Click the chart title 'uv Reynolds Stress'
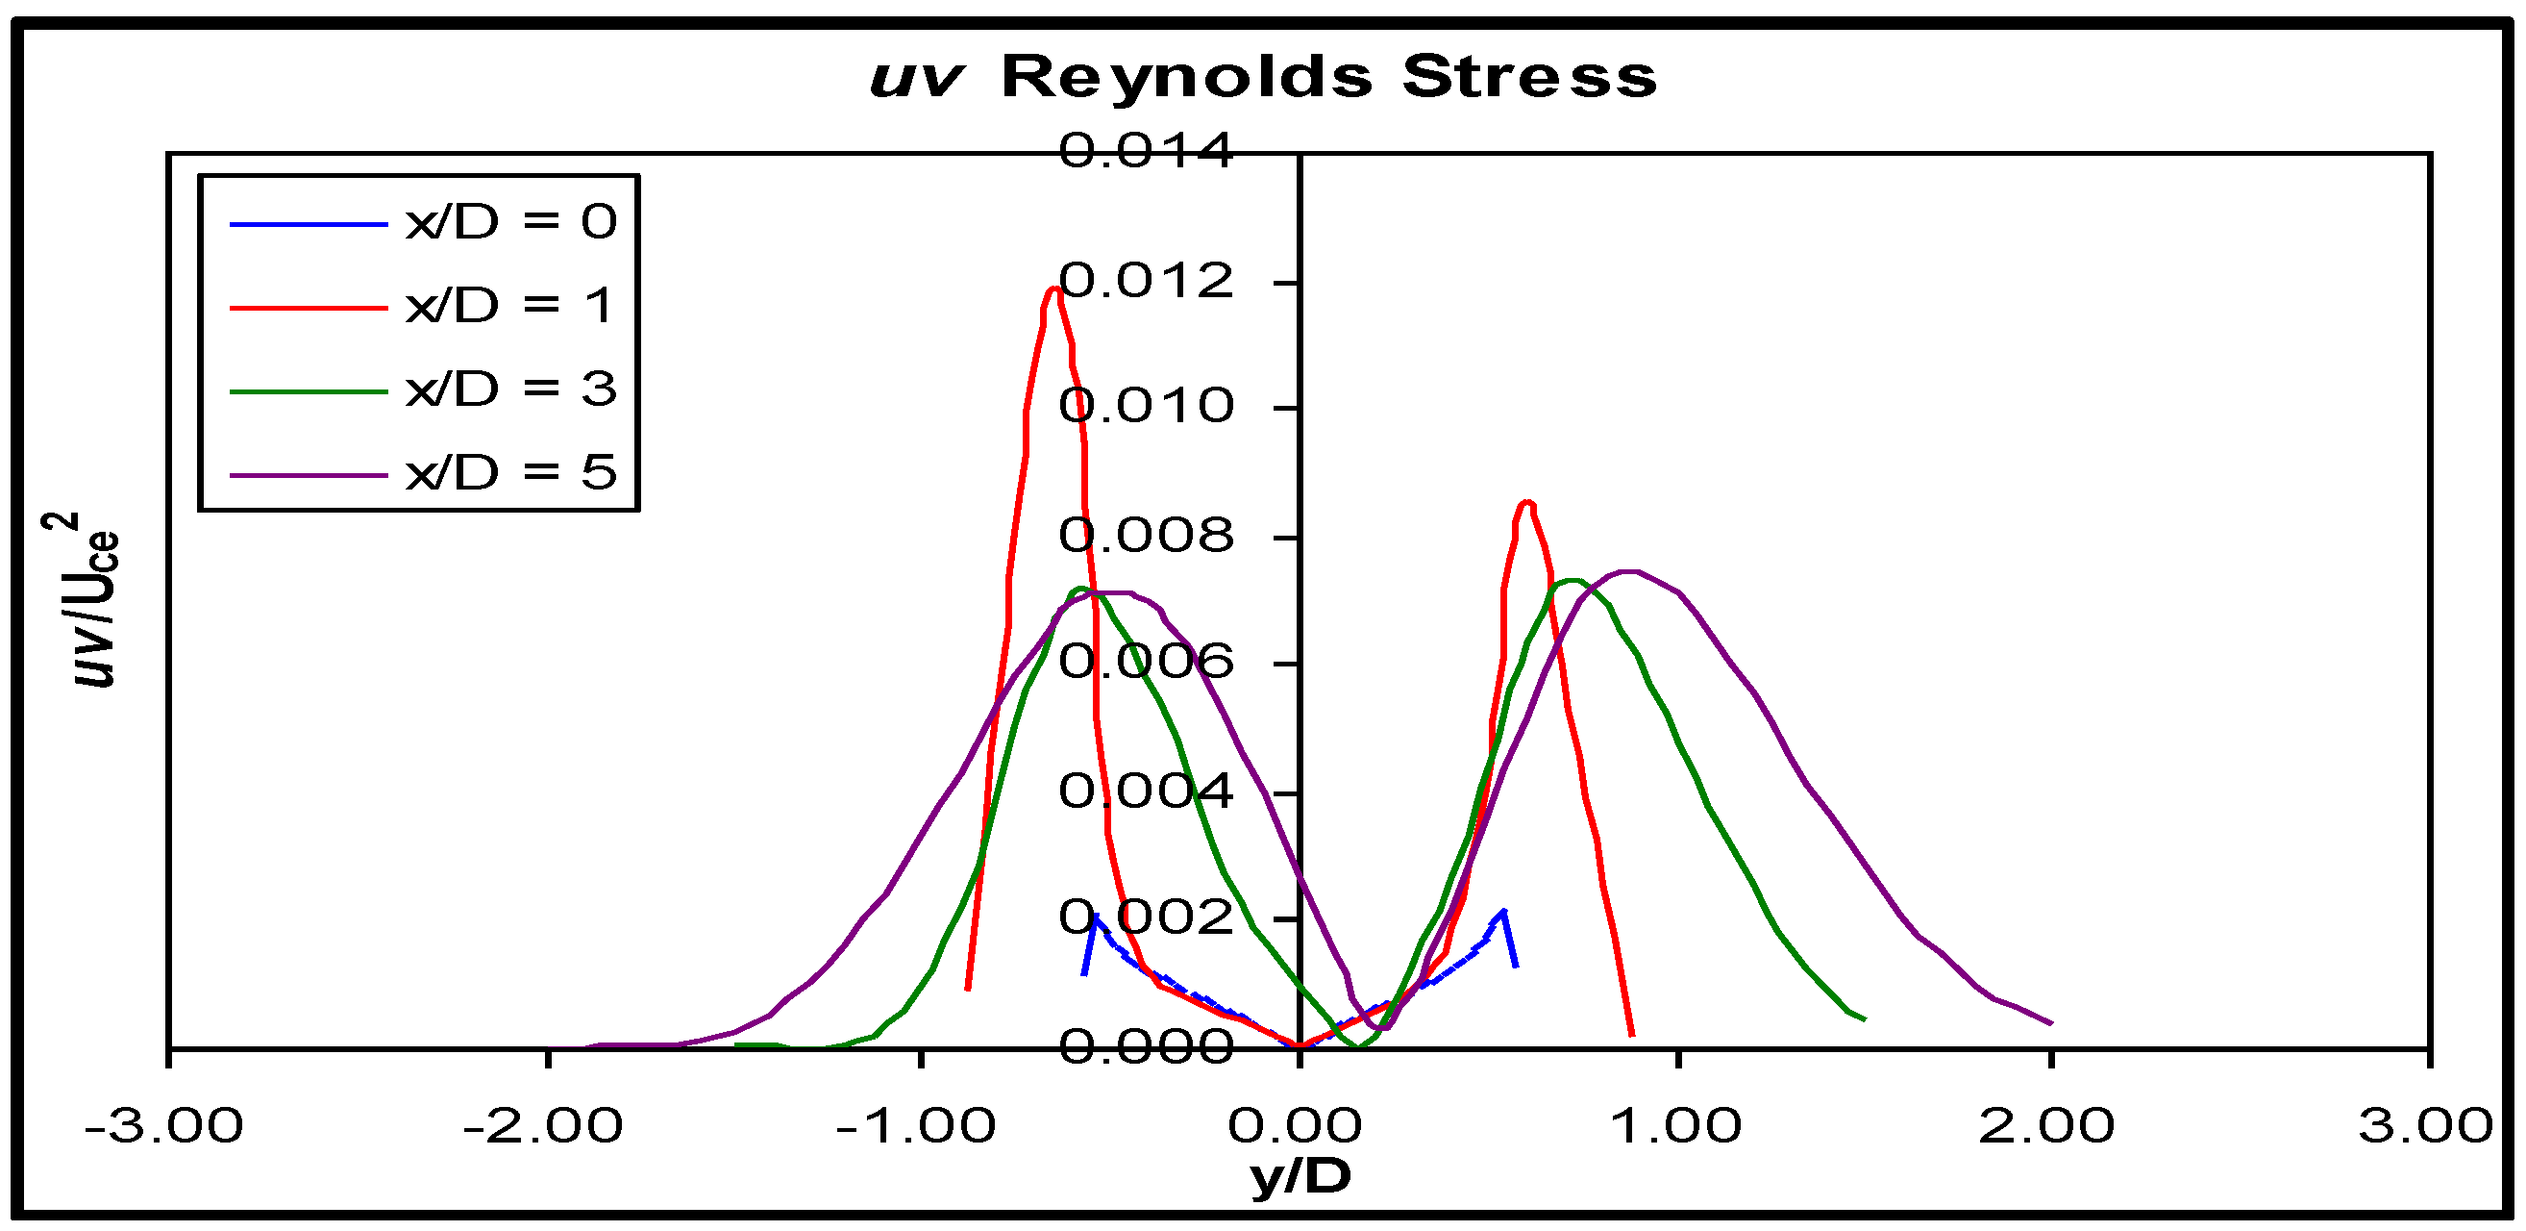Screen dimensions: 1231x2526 click(x=1263, y=77)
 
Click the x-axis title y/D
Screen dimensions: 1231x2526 click(x=1300, y=1175)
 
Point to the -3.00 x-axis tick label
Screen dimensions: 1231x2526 click(x=164, y=1125)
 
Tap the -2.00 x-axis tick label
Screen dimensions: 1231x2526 click(x=543, y=1125)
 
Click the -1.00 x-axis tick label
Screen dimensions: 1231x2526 click(x=916, y=1125)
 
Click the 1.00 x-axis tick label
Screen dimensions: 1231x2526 click(x=1677, y=1125)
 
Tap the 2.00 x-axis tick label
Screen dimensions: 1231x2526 click(x=2047, y=1125)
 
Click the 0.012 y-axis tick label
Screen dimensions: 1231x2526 click(x=1146, y=282)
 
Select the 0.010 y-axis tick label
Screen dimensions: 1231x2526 click(x=1146, y=405)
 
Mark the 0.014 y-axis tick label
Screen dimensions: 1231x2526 click(x=1146, y=152)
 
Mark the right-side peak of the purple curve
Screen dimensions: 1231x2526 click(x=1630, y=571)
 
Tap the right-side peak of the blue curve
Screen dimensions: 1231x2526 click(x=1503, y=913)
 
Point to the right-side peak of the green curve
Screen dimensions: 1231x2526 click(x=1573, y=581)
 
